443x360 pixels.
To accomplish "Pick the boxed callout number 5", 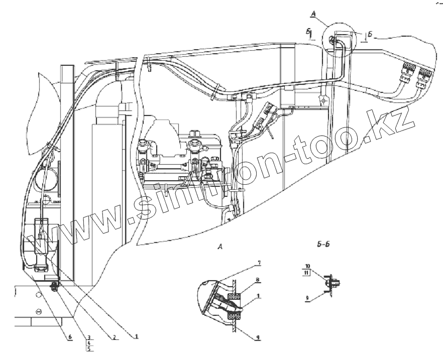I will point(88,347).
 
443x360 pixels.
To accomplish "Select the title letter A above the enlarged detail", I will point(219,247).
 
